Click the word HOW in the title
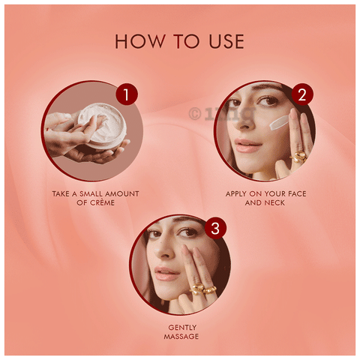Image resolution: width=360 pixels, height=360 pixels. pos(140,41)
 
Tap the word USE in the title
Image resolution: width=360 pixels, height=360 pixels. pos(226,41)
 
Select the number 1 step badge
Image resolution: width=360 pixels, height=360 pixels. pos(127,94)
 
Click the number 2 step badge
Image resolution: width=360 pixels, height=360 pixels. pos(302,94)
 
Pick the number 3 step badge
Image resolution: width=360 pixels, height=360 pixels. pos(215,228)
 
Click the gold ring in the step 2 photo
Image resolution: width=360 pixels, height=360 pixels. pos(298,157)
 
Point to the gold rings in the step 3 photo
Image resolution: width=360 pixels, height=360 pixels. pos(202,289)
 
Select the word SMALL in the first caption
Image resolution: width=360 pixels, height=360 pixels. pos(91,193)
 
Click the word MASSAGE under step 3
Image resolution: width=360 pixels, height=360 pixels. pos(181,336)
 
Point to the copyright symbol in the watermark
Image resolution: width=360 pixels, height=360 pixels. pos(195,114)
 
